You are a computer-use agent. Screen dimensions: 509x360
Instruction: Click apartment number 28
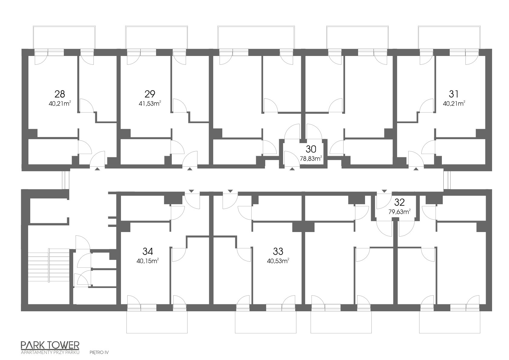(60, 94)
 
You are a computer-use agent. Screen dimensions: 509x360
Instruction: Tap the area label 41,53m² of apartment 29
(150, 103)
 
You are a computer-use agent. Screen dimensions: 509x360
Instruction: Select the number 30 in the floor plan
(311, 149)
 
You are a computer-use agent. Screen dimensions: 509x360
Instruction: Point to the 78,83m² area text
(311, 159)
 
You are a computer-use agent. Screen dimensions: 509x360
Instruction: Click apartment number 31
(454, 94)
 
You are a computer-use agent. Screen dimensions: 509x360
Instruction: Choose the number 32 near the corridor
(400, 202)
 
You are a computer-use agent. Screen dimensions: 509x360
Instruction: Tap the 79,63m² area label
(400, 212)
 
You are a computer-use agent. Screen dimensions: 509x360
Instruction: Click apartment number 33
(278, 251)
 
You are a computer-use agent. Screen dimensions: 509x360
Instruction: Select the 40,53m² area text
(278, 261)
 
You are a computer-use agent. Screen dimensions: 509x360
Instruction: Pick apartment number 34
(148, 251)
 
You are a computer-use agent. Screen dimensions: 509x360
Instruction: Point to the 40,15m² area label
(148, 261)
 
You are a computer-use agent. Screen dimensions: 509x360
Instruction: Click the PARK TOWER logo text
(50, 345)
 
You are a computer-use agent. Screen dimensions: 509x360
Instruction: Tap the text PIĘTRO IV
(99, 352)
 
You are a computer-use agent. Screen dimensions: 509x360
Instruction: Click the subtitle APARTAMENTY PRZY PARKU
(50, 352)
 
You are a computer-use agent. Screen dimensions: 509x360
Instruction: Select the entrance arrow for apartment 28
(97, 169)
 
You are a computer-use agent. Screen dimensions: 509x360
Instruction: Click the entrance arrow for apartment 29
(190, 169)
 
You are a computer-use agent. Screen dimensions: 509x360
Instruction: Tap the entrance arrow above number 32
(384, 191)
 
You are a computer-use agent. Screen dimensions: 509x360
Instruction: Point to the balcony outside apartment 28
(64, 37)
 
